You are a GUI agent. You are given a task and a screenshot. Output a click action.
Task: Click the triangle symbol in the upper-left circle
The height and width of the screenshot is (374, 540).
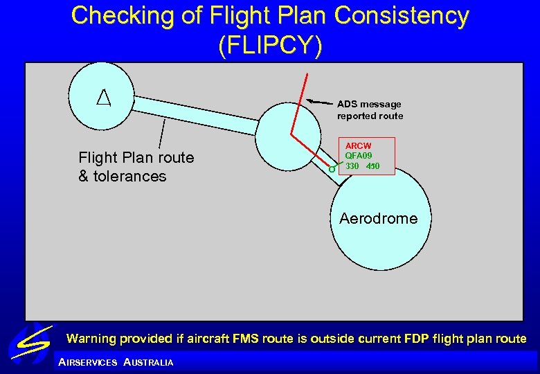tap(102, 98)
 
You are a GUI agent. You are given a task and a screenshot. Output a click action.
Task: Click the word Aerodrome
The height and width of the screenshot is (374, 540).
tap(378, 219)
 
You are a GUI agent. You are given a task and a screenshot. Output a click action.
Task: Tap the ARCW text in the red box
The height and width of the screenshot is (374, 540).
tap(358, 146)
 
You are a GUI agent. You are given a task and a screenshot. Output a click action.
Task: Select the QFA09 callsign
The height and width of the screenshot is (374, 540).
tap(359, 156)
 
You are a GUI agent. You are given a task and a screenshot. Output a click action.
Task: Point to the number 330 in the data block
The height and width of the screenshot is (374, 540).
tap(352, 166)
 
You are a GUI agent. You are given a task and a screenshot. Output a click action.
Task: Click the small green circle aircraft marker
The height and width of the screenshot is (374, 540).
tap(332, 168)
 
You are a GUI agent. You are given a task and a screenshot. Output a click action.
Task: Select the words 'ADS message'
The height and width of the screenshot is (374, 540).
tap(369, 104)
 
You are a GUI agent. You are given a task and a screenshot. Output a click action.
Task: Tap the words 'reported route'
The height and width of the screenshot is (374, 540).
tap(370, 116)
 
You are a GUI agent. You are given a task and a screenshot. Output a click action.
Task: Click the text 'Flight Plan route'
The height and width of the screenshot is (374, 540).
tap(136, 158)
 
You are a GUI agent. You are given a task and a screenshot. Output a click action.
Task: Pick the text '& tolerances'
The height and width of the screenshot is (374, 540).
tap(123, 176)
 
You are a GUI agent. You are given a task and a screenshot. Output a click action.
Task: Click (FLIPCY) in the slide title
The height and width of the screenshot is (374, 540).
tap(269, 45)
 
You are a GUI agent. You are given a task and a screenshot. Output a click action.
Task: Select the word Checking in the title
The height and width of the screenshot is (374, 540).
tap(123, 15)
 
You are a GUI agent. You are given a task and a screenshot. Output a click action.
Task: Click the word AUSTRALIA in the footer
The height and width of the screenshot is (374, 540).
tap(148, 362)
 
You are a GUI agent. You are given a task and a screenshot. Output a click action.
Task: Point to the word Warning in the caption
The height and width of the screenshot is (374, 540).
tap(90, 339)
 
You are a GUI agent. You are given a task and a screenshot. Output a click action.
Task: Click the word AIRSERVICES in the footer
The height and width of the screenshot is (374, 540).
tap(88, 362)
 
